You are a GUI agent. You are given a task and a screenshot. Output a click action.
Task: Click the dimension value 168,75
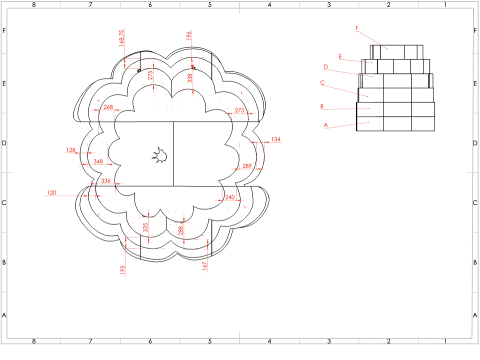[x=121, y=38]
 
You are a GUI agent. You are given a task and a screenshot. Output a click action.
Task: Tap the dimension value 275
[x=150, y=75]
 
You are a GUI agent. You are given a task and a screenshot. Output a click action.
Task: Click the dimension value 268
[x=108, y=107]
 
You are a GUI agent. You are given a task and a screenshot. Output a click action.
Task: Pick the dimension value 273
[x=239, y=110]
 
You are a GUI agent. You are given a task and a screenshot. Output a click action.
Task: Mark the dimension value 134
[x=276, y=139]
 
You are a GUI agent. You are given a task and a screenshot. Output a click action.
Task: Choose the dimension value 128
[x=70, y=149]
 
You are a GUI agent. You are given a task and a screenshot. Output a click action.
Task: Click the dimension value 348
[x=98, y=161]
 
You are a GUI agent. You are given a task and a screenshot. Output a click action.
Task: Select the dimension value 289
[x=247, y=165]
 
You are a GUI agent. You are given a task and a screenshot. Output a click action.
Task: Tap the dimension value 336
[x=105, y=180]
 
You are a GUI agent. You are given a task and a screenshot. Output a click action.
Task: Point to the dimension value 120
[x=51, y=192]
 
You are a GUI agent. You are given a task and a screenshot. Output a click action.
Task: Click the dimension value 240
[x=230, y=197]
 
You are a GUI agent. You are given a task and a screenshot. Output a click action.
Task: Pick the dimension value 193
[x=122, y=270]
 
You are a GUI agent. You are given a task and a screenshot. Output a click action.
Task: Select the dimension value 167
[x=205, y=266]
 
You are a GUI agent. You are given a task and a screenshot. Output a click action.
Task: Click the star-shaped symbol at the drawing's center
[x=159, y=155]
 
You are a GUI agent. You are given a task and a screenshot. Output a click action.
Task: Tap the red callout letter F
[x=357, y=28]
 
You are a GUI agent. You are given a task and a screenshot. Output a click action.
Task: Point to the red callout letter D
[x=325, y=66]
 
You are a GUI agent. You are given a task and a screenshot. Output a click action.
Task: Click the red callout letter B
[x=321, y=106]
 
